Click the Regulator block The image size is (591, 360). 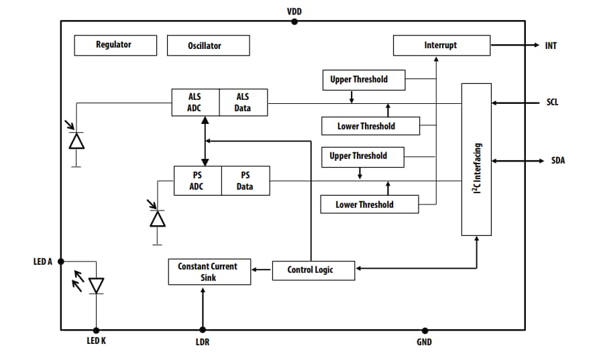coord(115,45)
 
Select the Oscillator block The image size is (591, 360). coord(209,46)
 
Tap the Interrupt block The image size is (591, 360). coord(441,46)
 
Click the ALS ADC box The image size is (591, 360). coord(195,103)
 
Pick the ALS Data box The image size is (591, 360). coord(243,103)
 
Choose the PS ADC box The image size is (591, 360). coord(197,181)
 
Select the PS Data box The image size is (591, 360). coord(246,181)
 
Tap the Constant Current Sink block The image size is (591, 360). coord(209,272)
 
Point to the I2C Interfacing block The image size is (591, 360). coord(476,160)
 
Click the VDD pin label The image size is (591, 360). coord(294,11)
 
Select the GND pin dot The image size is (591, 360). coord(425,330)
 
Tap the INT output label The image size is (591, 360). coord(551,46)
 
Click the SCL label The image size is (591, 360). coord(552,103)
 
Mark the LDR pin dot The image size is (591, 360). coord(203,330)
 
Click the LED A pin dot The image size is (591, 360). coord(61,261)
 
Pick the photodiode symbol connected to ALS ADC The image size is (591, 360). coord(76,140)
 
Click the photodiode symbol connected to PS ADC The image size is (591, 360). coord(158,219)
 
